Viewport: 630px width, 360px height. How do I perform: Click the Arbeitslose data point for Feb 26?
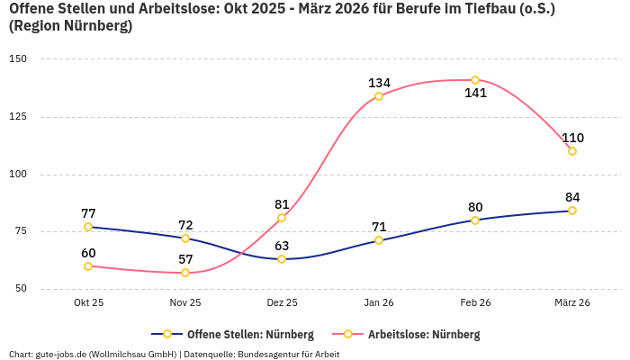(x=475, y=80)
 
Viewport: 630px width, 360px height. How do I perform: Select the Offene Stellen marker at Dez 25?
(x=282, y=259)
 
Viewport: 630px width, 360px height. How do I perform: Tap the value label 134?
(x=379, y=83)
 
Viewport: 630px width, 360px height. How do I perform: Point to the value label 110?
(x=572, y=138)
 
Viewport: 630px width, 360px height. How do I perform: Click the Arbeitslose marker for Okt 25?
(x=88, y=266)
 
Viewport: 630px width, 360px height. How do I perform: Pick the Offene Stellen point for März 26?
(x=572, y=211)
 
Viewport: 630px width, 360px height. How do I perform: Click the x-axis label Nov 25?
(x=185, y=303)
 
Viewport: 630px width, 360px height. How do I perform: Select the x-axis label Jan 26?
(x=379, y=303)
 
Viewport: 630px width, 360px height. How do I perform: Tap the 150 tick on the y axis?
(x=19, y=59)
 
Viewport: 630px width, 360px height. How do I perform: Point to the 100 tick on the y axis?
(x=19, y=175)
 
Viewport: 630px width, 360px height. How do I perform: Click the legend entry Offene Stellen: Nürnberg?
(x=232, y=334)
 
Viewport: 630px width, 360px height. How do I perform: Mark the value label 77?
(x=88, y=213)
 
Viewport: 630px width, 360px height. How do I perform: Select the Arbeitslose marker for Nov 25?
(x=185, y=273)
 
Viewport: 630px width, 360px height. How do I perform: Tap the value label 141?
(x=475, y=93)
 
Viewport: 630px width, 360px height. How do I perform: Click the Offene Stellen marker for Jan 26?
(x=379, y=240)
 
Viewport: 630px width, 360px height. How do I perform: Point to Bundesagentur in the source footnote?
(x=272, y=354)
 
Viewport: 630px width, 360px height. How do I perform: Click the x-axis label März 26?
(x=572, y=303)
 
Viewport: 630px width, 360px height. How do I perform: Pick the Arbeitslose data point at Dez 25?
(x=282, y=218)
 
